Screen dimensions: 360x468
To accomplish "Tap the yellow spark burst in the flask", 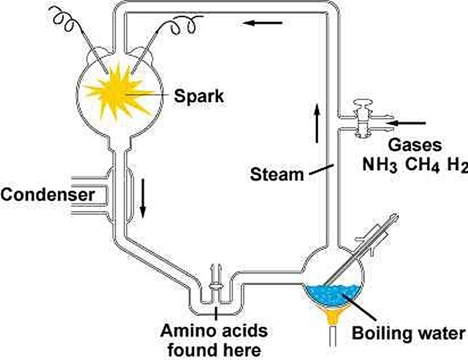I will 119,91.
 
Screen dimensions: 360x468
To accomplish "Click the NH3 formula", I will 380,166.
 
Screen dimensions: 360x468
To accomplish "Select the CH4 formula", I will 419,166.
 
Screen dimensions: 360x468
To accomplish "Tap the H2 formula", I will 456,166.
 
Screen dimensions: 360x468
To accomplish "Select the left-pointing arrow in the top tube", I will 262,23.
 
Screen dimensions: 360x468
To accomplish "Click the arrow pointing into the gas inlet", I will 408,122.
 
